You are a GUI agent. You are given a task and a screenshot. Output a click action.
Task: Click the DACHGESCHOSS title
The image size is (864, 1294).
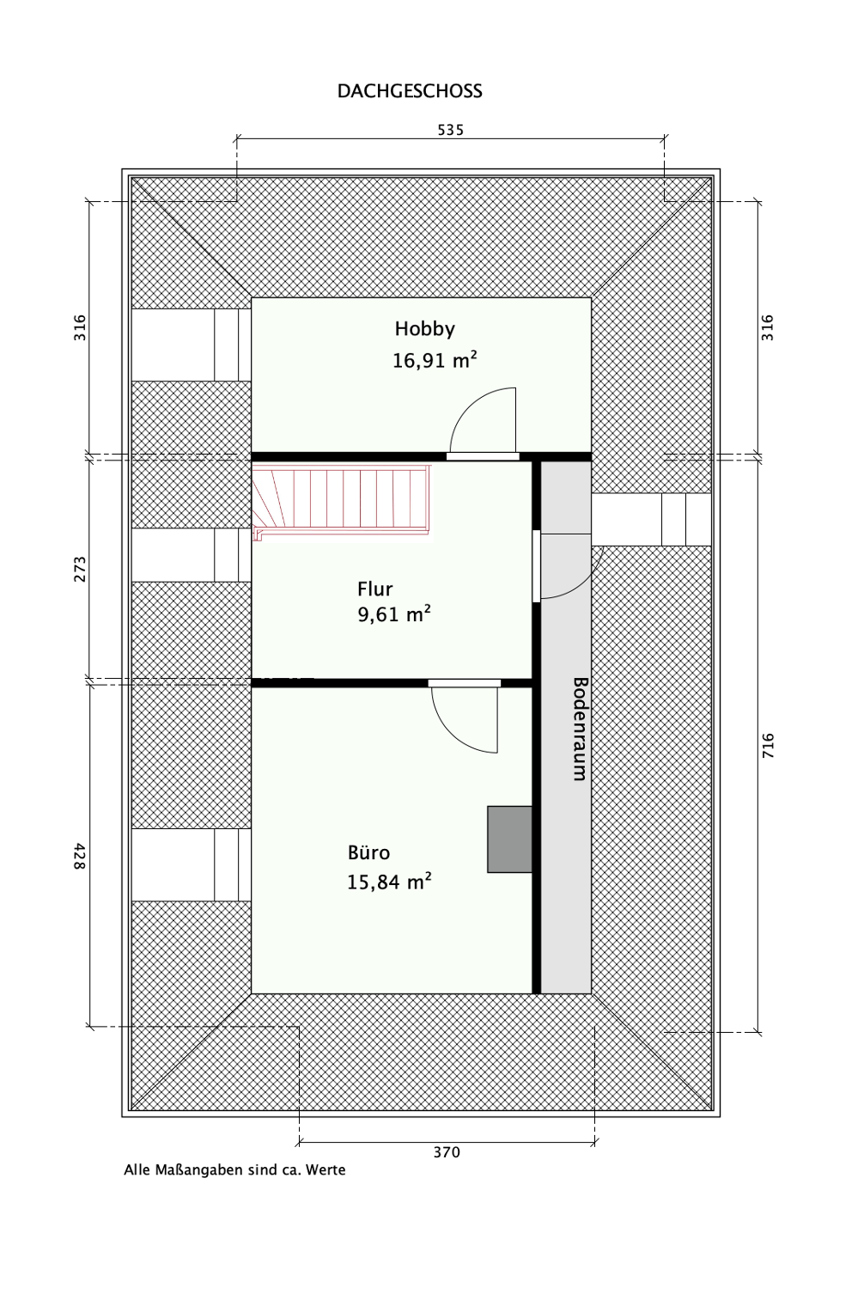pyautogui.click(x=410, y=91)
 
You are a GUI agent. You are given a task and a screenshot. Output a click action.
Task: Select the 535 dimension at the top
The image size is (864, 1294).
pyautogui.click(x=450, y=130)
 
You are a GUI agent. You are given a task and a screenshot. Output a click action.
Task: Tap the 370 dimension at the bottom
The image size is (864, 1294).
pyautogui.click(x=447, y=1152)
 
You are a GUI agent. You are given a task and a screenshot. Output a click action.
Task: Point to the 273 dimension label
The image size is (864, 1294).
pyautogui.click(x=80, y=569)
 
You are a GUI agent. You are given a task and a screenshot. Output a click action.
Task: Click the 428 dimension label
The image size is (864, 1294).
pyautogui.click(x=80, y=856)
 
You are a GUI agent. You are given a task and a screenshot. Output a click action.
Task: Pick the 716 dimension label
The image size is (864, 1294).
pyautogui.click(x=768, y=745)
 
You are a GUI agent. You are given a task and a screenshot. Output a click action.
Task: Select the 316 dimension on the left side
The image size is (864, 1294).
pyautogui.click(x=80, y=327)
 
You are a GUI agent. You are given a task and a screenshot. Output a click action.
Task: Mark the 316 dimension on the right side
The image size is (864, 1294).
pyautogui.click(x=768, y=327)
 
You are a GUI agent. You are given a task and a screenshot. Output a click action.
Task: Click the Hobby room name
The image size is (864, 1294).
pyautogui.click(x=424, y=328)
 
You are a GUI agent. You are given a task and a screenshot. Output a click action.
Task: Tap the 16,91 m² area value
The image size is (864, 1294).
pyautogui.click(x=435, y=360)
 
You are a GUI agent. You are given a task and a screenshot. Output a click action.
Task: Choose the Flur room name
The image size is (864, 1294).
pyautogui.click(x=374, y=589)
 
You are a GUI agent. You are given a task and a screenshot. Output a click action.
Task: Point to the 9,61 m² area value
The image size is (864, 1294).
pyautogui.click(x=394, y=614)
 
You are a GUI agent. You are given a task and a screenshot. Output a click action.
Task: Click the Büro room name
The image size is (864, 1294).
pyautogui.click(x=368, y=852)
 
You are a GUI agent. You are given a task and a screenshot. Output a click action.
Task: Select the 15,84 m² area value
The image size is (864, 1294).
pyautogui.click(x=389, y=882)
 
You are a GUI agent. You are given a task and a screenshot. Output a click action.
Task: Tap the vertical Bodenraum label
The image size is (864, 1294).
pyautogui.click(x=580, y=729)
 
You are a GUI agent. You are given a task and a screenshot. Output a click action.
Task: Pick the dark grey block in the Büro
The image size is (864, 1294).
pyautogui.click(x=509, y=839)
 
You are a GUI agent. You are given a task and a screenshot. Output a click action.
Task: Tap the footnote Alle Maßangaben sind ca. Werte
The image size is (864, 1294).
pyautogui.click(x=234, y=1169)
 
